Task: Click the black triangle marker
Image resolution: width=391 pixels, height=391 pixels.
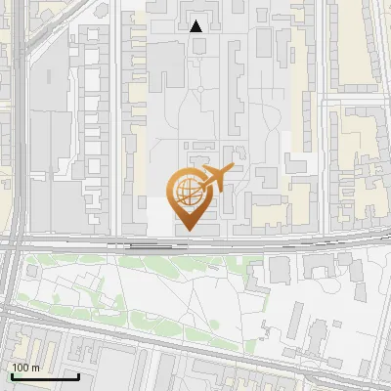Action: click(196, 26)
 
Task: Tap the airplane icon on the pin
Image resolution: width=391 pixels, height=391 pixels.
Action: click(215, 178)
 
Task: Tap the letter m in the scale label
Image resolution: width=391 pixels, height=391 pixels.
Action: click(35, 367)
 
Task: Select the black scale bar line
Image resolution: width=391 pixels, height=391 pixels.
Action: click(45, 376)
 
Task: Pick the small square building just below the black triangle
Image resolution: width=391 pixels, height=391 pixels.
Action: click(197, 46)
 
